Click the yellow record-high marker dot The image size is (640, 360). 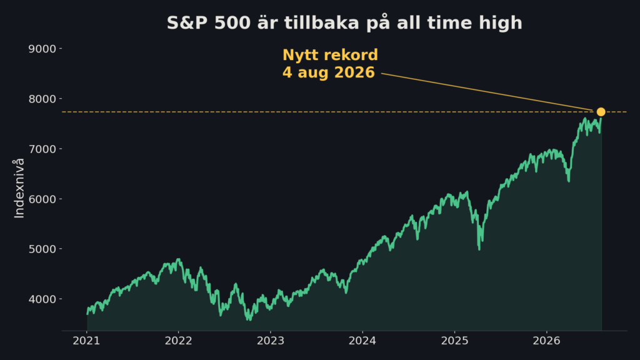click(x=601, y=112)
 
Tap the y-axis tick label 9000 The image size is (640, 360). click(x=42, y=49)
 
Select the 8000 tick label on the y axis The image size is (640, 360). click(x=42, y=99)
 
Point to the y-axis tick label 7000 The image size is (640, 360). click(x=42, y=149)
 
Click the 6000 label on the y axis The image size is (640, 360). click(x=42, y=199)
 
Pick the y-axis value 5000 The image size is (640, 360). click(x=42, y=249)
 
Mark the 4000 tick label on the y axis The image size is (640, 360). click(x=42, y=299)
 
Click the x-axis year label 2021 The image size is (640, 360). click(x=86, y=341)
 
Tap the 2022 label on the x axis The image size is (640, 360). click(x=178, y=341)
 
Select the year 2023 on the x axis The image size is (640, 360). click(x=270, y=341)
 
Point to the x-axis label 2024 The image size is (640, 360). click(x=362, y=341)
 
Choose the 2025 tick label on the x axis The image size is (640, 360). click(x=455, y=341)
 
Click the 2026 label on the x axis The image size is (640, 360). click(x=546, y=341)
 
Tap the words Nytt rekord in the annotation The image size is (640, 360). click(x=330, y=55)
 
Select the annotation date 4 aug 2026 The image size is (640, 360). click(x=329, y=72)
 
